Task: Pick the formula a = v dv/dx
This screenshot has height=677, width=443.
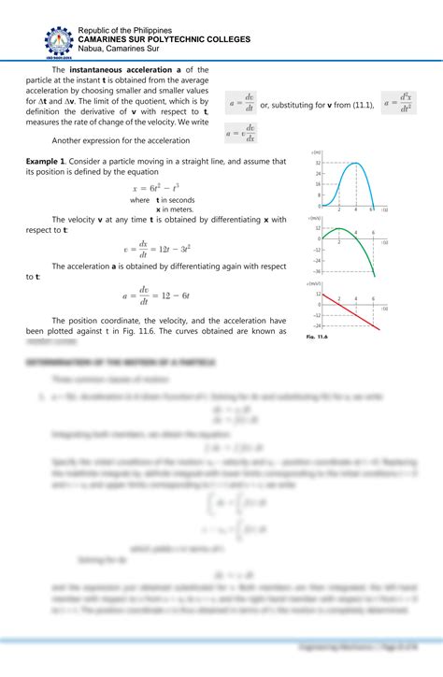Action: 241,134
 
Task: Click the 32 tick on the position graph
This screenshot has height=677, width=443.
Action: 318,163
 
